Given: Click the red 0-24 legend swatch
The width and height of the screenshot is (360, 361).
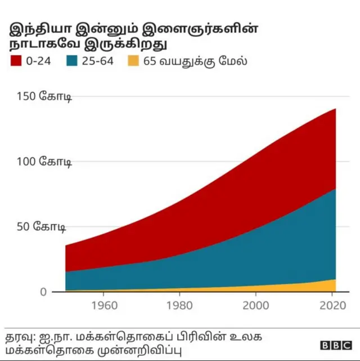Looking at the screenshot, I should coord(15,61).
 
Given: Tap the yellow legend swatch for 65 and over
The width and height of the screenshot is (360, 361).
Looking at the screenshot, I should coord(133,61).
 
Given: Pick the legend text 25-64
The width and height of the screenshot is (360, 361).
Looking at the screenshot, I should coord(98,61).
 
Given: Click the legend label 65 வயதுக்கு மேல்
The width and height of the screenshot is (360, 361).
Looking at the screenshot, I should coord(195,61).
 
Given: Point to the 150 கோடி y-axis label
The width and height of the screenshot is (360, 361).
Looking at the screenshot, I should coord(40,96).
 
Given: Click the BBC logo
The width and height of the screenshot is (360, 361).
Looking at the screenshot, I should coord(336,345).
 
